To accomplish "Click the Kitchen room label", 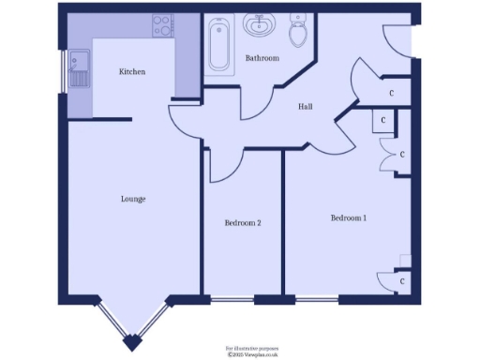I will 132,72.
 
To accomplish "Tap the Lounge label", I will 132,199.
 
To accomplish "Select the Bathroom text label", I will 262,58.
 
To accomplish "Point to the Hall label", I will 306,107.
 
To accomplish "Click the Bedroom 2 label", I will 242,223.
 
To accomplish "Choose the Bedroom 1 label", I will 348,218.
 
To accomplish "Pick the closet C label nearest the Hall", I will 391,93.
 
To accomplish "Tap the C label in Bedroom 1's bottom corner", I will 401,280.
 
